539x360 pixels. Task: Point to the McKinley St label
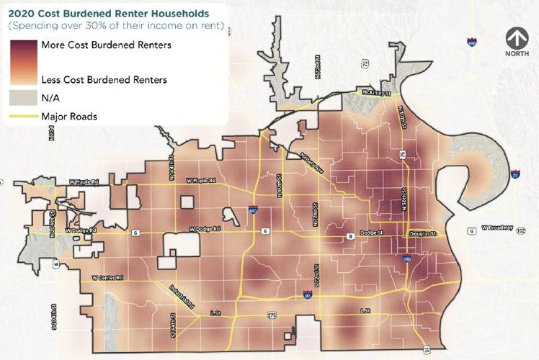coord(376,94)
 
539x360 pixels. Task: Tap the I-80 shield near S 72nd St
coord(308,296)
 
